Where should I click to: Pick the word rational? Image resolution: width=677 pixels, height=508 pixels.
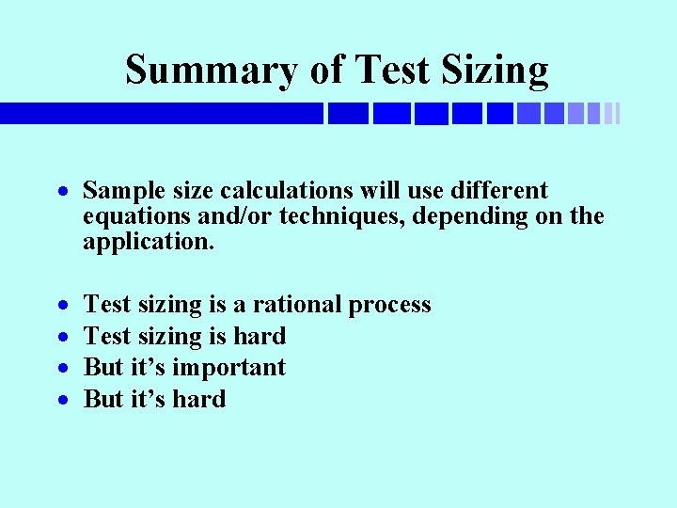pos(297,305)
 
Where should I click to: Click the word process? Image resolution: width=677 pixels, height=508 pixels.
pos(389,305)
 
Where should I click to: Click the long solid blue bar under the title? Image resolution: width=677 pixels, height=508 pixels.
pos(160,113)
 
